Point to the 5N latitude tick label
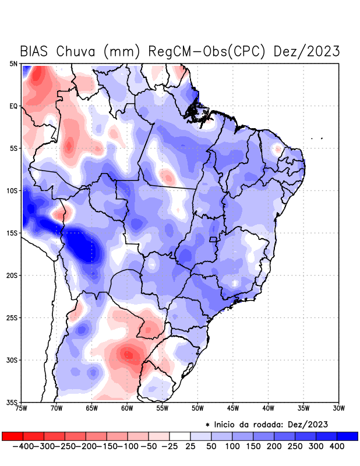pos(13,64)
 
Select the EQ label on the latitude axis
pos(13,106)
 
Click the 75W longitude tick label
pos(22,408)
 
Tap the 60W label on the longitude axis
pos(127,408)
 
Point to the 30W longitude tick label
pos(338,408)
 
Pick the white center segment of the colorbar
pos(179,436)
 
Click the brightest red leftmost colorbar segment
pos(12,436)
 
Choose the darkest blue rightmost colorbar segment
pos(347,436)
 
